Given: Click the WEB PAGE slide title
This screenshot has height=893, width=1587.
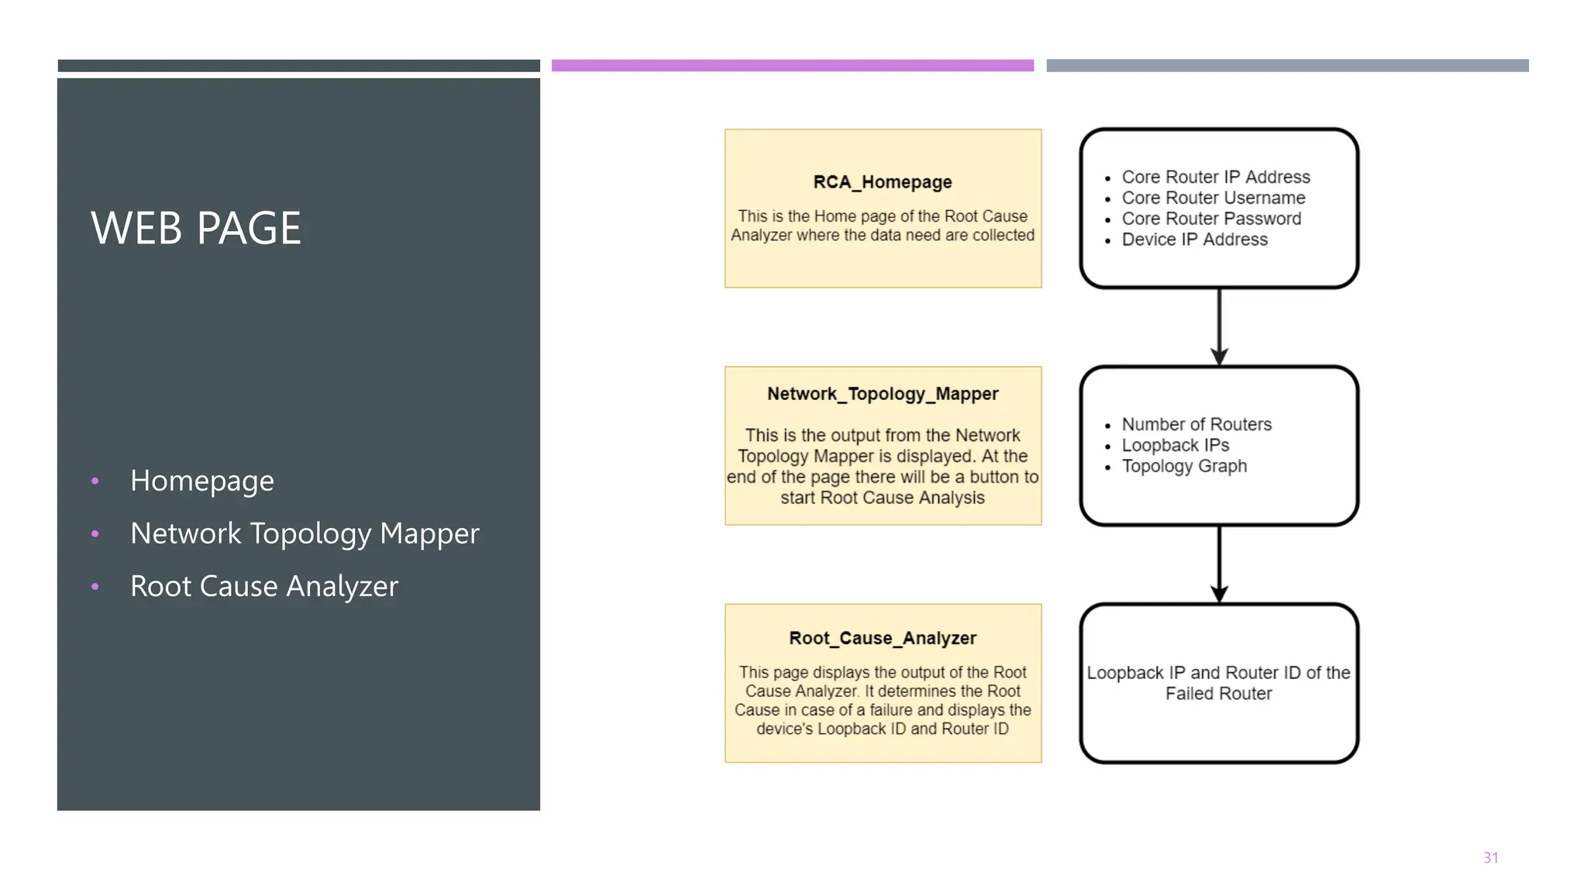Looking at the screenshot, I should click(196, 229).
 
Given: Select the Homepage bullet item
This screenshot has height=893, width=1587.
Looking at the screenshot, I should click(201, 481).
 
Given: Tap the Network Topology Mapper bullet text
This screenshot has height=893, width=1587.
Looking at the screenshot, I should click(305, 533).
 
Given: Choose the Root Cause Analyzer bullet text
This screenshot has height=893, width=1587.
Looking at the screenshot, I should click(263, 586).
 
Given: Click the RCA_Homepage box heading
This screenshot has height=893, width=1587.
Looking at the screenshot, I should click(882, 182).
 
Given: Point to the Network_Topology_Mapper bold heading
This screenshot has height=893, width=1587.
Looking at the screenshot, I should click(882, 394).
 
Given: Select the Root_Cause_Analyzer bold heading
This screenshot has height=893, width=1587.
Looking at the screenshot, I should click(882, 638).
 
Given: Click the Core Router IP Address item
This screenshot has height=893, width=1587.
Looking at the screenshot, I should click(1215, 178).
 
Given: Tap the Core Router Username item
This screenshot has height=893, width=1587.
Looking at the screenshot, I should click(1213, 198).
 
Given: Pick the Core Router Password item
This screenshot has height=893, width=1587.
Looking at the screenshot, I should click(1211, 219).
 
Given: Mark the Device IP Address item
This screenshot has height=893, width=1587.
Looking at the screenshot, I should click(1194, 240).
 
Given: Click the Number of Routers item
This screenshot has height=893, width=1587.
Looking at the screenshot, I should click(1196, 425).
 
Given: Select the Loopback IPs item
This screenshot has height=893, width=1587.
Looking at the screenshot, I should click(1175, 446).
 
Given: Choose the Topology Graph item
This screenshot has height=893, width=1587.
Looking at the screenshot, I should click(1184, 467).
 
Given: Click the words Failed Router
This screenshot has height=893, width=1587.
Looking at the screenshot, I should click(1218, 694).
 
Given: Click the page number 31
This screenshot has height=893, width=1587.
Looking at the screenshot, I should click(1490, 858).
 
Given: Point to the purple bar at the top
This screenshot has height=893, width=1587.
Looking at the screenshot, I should click(792, 66).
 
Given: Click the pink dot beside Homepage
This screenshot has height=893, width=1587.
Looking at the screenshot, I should click(95, 481).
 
